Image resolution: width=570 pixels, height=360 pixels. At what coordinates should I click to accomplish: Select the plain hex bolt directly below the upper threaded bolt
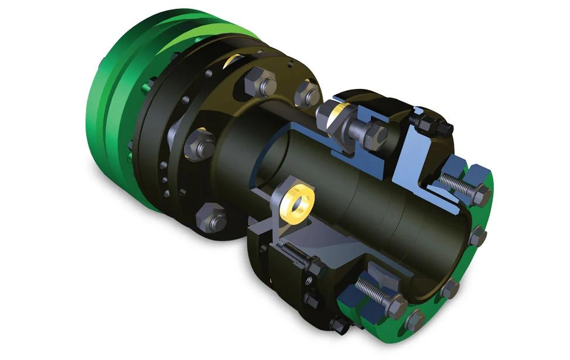pos(477,236)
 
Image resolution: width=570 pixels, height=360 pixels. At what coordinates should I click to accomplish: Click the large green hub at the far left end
pos(117,105)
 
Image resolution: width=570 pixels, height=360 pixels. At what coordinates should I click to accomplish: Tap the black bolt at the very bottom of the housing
pos(339,324)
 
